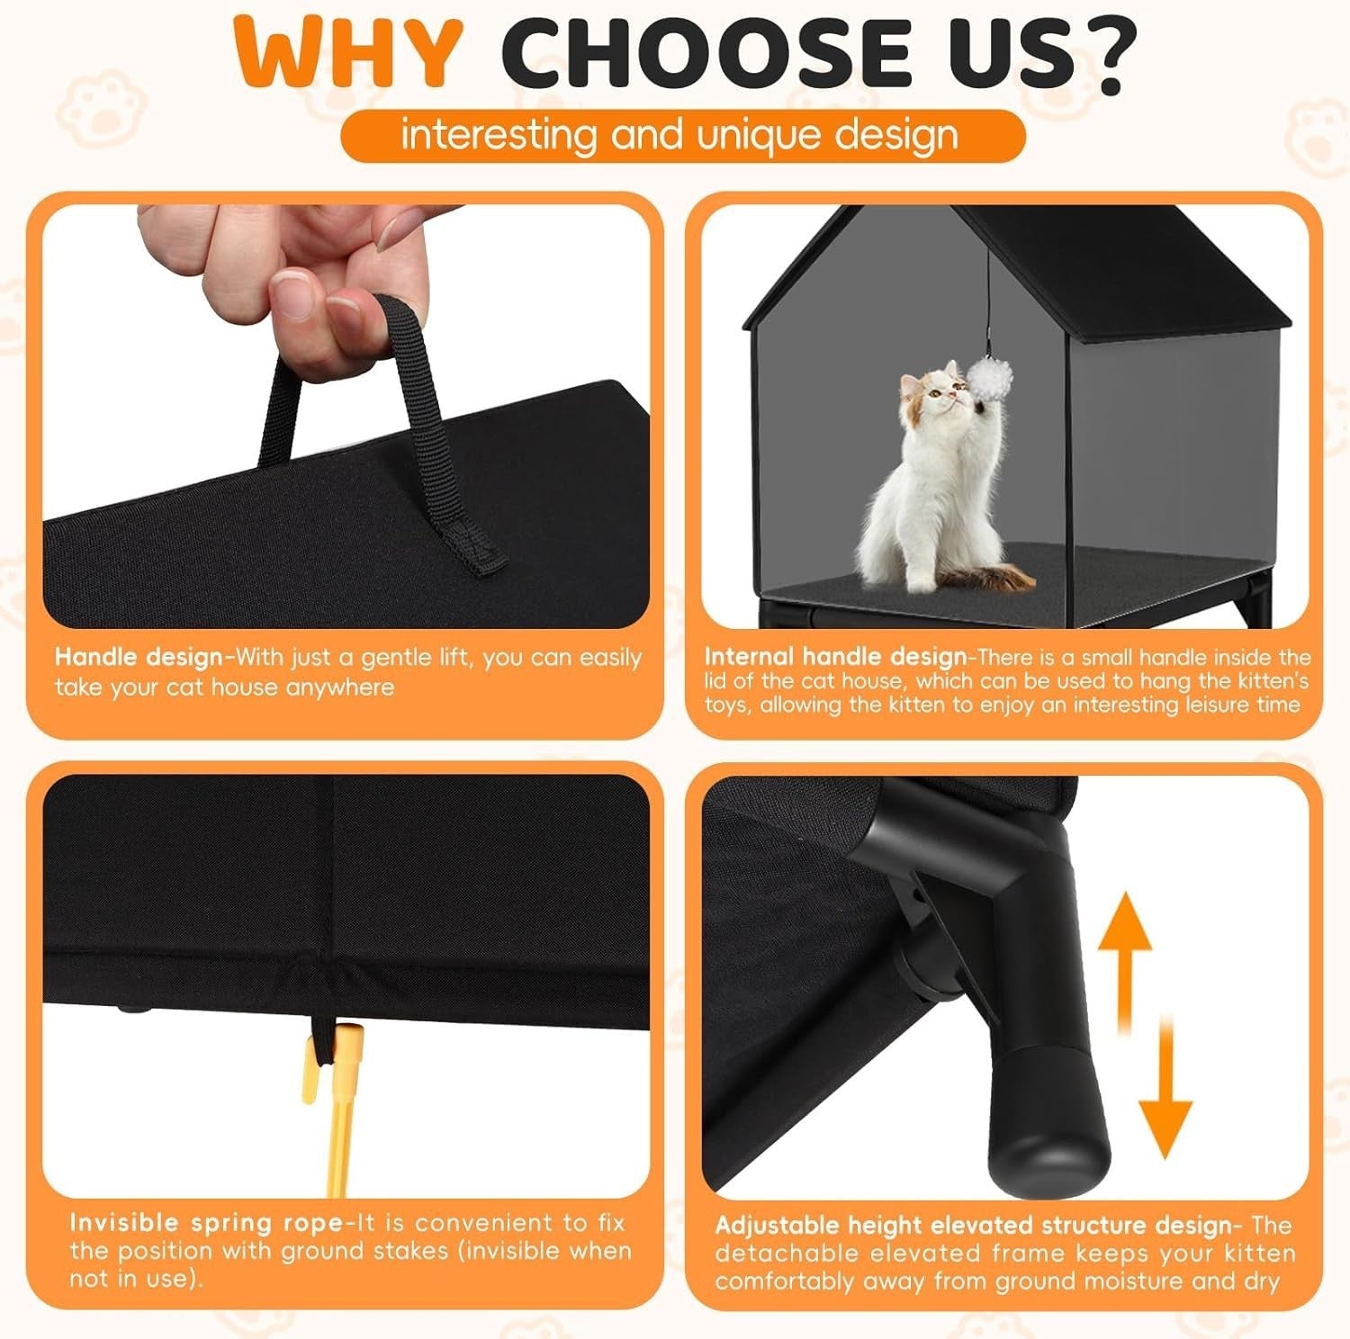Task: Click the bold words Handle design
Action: [139, 657]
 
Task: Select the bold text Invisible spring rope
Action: [206, 1222]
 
